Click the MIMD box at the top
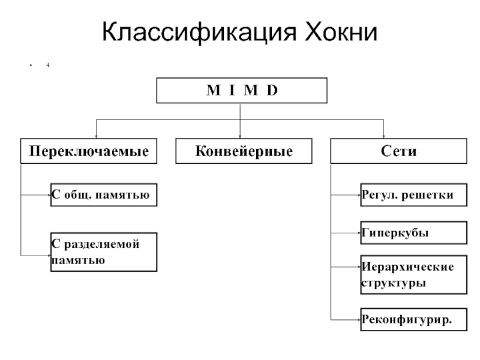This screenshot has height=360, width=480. click(242, 92)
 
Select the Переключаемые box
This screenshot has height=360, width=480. click(85, 151)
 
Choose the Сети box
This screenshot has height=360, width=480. click(398, 151)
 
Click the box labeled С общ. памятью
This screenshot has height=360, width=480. click(103, 195)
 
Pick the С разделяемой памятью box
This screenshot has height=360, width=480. click(103, 251)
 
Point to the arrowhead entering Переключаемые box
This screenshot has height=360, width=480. click(97, 136)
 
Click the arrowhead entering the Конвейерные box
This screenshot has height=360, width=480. click(240, 136)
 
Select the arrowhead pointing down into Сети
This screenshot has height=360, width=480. click(383, 136)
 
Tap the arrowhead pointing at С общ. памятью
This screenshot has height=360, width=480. click(47, 195)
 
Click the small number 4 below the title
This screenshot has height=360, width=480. click(46, 64)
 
